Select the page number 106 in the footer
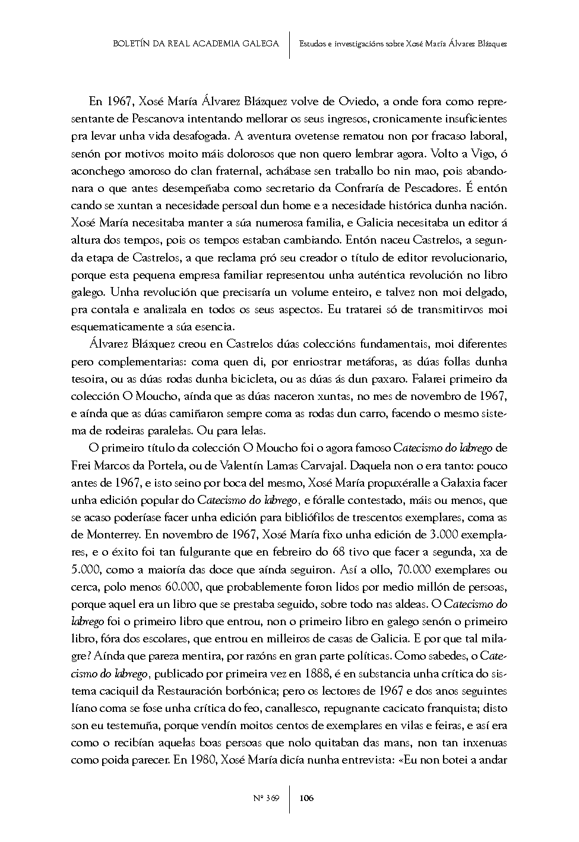click(306, 798)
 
